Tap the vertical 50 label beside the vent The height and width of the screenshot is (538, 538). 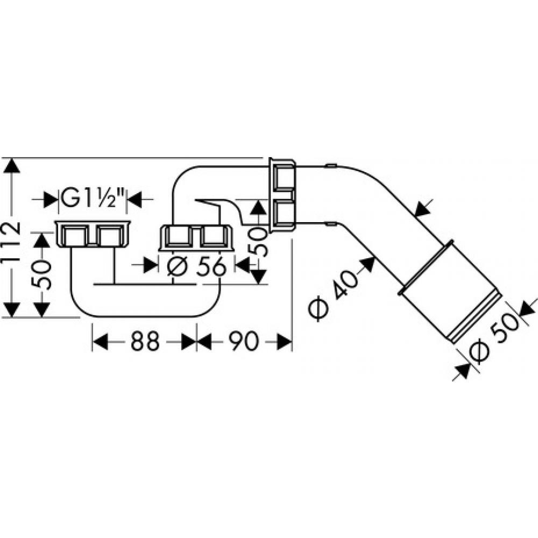pos(259,240)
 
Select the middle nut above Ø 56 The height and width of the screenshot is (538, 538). pos(196,237)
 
